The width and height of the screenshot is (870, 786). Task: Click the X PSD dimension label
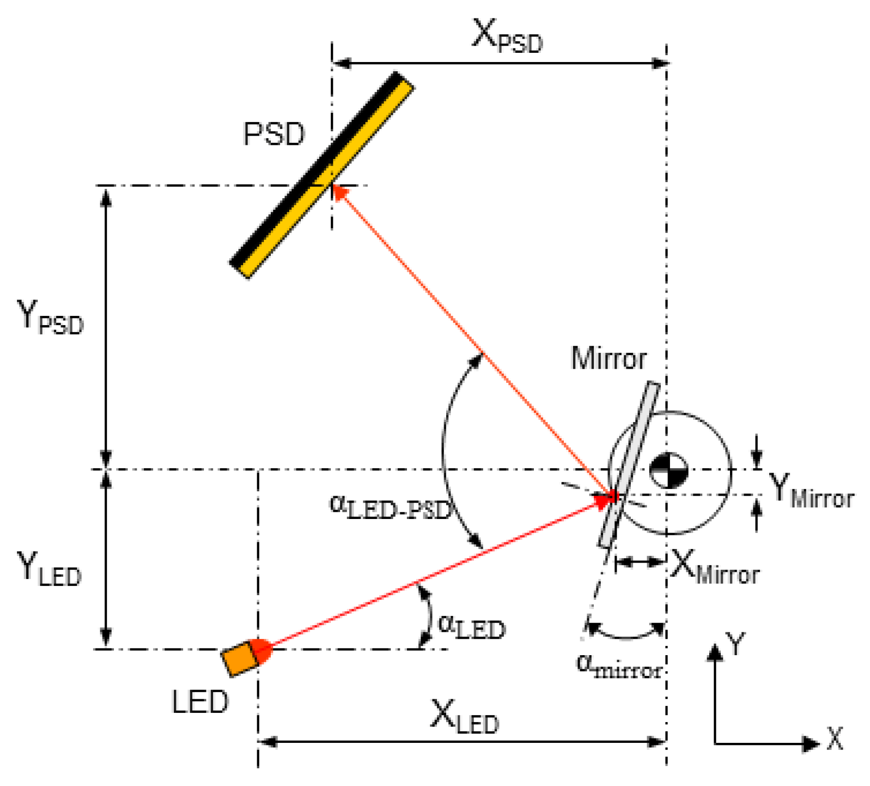click(x=507, y=37)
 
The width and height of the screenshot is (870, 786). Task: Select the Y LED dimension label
click(x=49, y=569)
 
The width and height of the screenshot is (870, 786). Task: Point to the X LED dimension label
click(x=464, y=717)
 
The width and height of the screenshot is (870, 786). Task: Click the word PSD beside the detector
click(x=274, y=134)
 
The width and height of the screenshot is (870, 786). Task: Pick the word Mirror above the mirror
click(x=608, y=359)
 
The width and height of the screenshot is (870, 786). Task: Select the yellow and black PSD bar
click(x=322, y=175)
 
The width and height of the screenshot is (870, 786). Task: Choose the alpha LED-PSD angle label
click(x=390, y=507)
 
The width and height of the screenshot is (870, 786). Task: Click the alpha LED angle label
click(x=471, y=627)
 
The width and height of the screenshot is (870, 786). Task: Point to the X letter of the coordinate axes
click(x=835, y=739)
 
